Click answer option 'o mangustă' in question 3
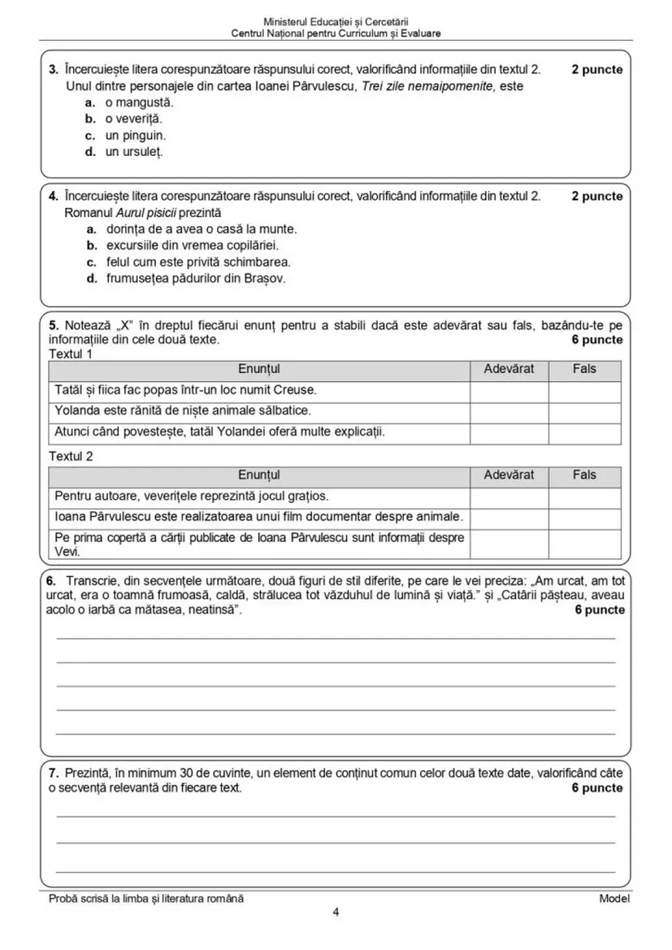(139, 102)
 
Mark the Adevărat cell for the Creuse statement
(509, 392)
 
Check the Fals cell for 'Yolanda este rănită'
(585, 412)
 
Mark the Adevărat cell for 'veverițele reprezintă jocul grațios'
(509, 496)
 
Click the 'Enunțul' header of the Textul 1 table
(259, 370)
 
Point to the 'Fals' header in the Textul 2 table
(585, 476)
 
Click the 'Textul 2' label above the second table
(71, 456)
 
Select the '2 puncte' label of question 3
(597, 70)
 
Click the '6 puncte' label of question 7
(597, 788)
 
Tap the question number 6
(52, 579)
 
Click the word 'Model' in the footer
(614, 898)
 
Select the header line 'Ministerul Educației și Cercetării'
(336, 22)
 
